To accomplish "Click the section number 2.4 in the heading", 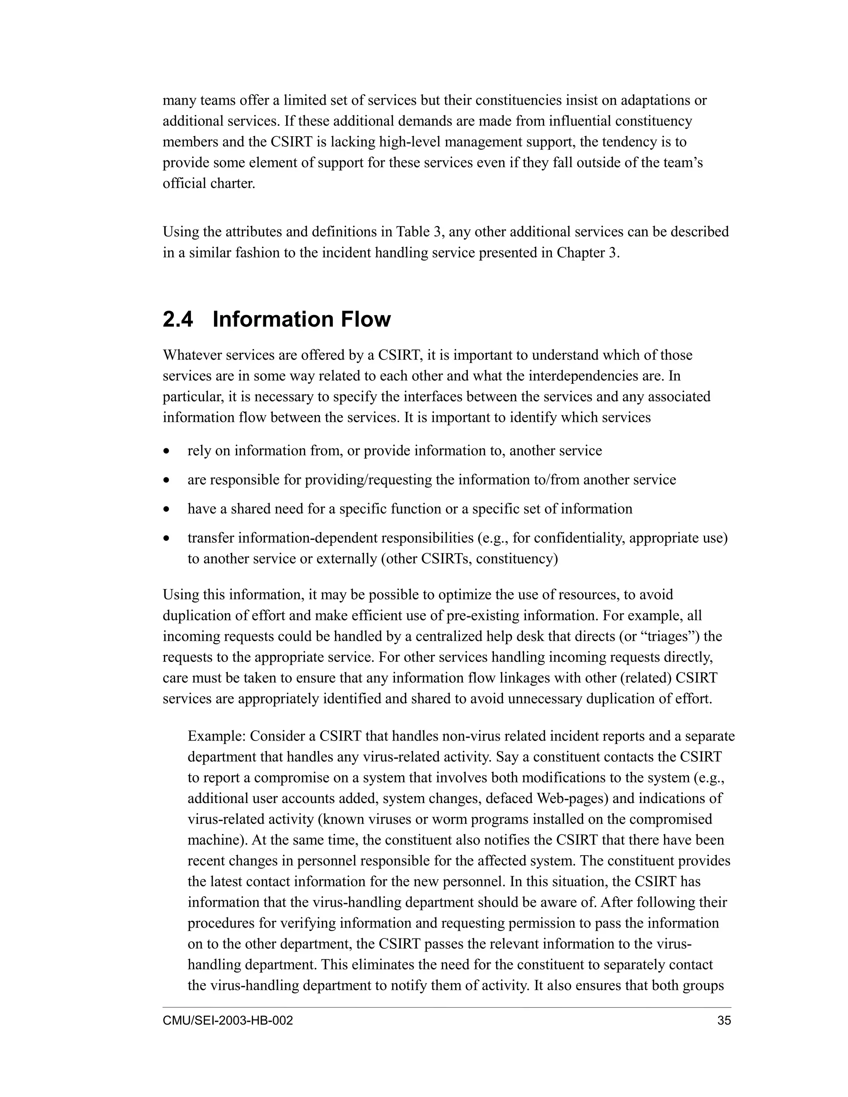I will click(178, 320).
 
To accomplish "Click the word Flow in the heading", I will click(365, 320).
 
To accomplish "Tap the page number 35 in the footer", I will click(724, 1021).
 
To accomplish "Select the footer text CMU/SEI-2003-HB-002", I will click(228, 1021).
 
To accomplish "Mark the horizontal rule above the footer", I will click(447, 1007).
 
